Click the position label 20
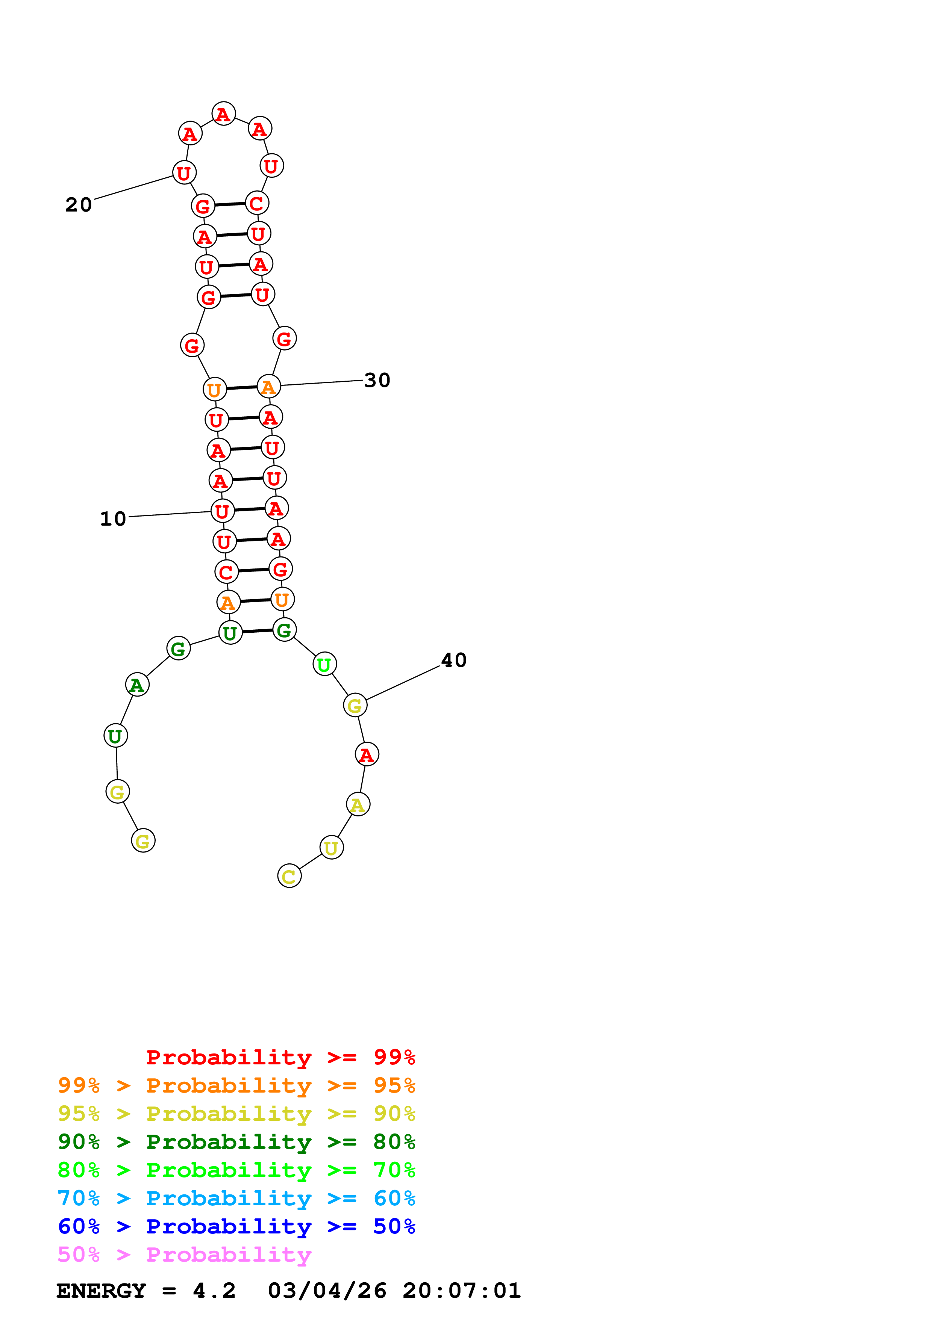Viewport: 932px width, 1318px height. (79, 205)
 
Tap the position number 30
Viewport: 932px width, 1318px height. (377, 380)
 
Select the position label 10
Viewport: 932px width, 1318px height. (113, 519)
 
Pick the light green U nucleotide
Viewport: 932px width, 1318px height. (324, 664)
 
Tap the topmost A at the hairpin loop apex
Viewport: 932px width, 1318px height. (223, 114)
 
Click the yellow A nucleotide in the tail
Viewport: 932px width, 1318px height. (358, 804)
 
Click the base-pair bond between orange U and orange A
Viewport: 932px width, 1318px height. (242, 388)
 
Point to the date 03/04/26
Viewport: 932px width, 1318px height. (327, 1291)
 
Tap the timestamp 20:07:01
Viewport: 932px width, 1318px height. (462, 1291)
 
